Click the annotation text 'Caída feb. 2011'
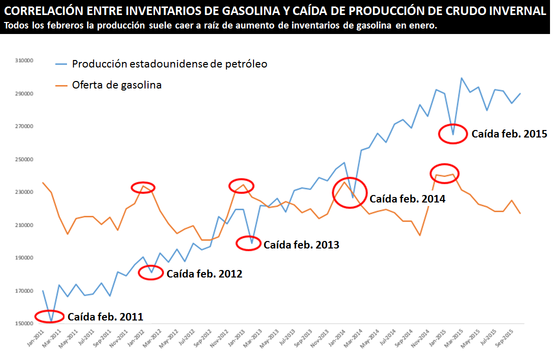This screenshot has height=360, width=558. pyautogui.click(x=105, y=316)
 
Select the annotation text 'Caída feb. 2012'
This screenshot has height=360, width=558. pyautogui.click(x=204, y=273)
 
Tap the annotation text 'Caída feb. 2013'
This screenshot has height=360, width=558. pyautogui.click(x=301, y=244)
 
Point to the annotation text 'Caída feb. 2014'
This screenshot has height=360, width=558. pyautogui.click(x=407, y=198)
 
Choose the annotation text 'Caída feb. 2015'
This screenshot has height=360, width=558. pyautogui.click(x=509, y=134)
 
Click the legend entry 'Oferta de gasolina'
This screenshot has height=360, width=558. pyautogui.click(x=116, y=85)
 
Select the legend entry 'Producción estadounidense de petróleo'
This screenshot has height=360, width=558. pyautogui.click(x=169, y=64)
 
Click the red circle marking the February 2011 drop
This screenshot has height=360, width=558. pyautogui.click(x=49, y=316)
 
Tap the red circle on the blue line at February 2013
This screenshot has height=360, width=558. pyautogui.click(x=248, y=243)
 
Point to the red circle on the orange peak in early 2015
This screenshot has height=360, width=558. pyautogui.click(x=444, y=173)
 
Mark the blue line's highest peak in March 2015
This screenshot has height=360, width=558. pyautogui.click(x=461, y=78)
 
